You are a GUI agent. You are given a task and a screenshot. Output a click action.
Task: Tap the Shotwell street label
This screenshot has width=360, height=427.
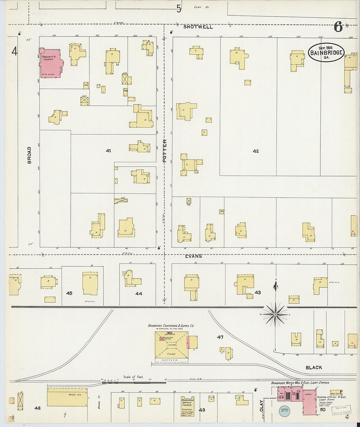198,27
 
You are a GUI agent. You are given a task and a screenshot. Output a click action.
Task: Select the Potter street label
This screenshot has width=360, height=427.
165,150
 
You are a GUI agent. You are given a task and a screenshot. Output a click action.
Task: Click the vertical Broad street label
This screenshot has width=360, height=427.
29,155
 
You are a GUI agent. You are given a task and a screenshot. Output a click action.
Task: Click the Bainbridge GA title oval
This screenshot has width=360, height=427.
326,52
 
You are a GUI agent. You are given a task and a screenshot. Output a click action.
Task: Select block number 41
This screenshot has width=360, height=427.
109,151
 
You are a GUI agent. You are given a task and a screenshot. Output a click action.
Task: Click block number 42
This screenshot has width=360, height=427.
256,151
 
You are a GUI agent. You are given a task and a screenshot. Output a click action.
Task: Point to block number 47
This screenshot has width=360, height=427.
220,337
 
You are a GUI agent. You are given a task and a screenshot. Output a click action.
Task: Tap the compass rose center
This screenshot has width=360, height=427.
276,314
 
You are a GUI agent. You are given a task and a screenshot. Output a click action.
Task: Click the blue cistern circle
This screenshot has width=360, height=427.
285,410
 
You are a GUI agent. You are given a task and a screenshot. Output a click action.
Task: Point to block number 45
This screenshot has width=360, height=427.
69,293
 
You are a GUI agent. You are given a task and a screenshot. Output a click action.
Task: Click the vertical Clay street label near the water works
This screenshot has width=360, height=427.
261,404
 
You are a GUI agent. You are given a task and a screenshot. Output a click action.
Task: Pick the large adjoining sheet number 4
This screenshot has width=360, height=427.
14,51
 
